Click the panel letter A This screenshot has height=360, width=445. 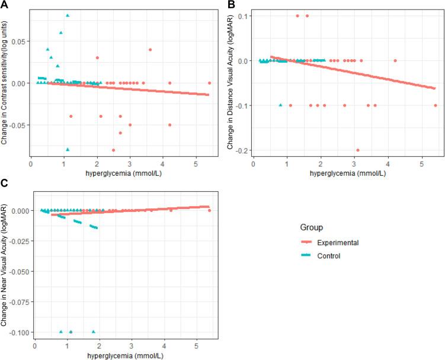click(x=4, y=5)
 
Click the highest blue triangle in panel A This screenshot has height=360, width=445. click(x=68, y=15)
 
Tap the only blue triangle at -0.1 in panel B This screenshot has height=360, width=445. click(x=280, y=105)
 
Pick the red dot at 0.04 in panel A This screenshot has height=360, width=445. click(x=150, y=50)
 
